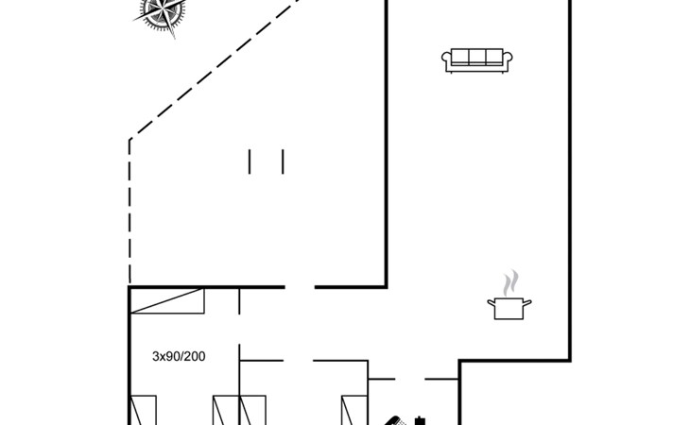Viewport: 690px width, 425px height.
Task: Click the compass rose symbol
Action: click(x=160, y=14)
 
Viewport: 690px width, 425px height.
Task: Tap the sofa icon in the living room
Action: click(x=477, y=59)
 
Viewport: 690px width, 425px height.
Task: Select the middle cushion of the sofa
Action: click(x=477, y=58)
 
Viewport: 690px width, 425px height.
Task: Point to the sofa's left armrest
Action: click(x=447, y=61)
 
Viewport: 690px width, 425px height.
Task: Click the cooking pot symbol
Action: click(x=509, y=307)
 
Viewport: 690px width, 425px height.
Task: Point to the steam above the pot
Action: click(x=510, y=282)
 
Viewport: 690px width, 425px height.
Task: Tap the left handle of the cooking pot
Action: click(x=491, y=302)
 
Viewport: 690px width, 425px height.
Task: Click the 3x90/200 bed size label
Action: click(x=179, y=356)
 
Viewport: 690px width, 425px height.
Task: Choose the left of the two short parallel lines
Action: click(x=250, y=161)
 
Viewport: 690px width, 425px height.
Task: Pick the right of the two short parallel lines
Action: click(x=283, y=161)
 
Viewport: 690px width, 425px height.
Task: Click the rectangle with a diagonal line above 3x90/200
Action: click(x=167, y=301)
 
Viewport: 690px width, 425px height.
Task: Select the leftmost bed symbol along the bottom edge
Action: click(x=141, y=412)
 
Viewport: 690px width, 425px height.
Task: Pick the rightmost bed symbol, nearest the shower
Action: click(x=351, y=412)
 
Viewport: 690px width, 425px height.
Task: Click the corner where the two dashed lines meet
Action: click(x=129, y=141)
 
